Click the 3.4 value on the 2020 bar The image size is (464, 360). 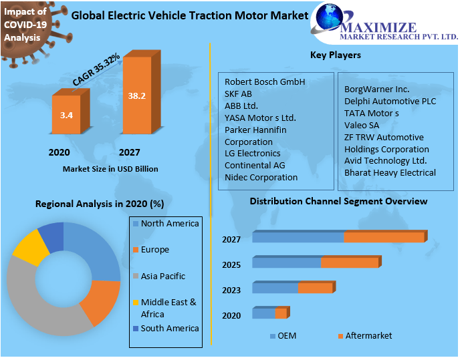click(x=66, y=116)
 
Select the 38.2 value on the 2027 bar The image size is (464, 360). click(x=137, y=96)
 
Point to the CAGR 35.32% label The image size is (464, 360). click(x=96, y=69)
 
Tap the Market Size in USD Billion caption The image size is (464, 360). click(x=110, y=169)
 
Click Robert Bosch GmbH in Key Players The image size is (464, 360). click(x=265, y=81)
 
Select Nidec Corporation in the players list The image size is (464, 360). click(x=261, y=177)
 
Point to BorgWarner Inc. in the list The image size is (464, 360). click(x=376, y=89)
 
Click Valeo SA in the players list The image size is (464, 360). click(x=362, y=125)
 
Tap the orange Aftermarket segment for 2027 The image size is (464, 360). click(x=384, y=237)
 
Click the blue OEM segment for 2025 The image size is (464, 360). click(x=286, y=262)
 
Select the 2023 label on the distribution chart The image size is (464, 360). click(x=231, y=290)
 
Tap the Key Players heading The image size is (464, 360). click(x=335, y=55)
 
